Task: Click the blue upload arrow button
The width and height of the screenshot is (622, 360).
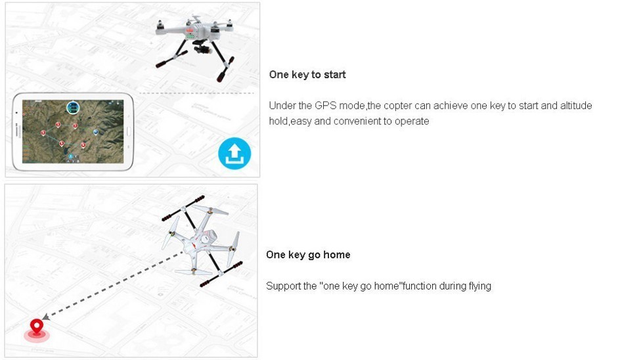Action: point(234,153)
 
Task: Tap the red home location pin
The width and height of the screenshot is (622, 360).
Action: point(37,326)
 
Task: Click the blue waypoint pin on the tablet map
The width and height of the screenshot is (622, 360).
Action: point(96,132)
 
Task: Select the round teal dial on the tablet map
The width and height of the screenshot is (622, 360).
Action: point(73,107)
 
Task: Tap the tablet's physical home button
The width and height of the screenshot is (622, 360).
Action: point(128,131)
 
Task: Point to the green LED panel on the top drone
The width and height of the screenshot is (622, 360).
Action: point(191,36)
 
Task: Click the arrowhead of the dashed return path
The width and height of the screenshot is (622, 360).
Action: point(46,317)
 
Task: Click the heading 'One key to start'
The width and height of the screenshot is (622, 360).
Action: point(307,75)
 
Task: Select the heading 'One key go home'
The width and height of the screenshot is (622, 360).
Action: point(308,255)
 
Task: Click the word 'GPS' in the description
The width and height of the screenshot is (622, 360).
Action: point(325,106)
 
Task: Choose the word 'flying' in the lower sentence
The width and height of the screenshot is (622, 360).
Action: point(479,286)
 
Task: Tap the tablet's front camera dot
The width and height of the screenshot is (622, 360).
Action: point(16,113)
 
